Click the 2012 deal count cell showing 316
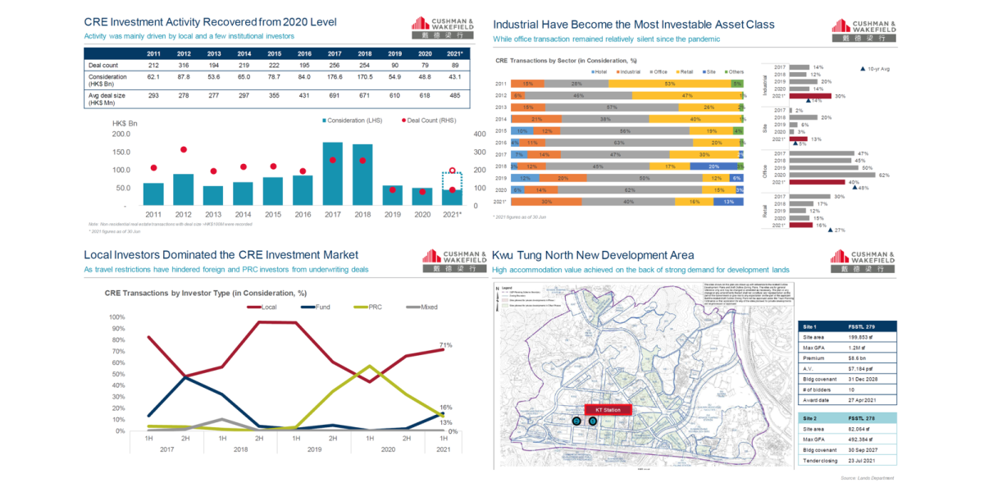click(184, 66)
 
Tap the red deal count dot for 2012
click(184, 149)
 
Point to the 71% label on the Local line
click(447, 345)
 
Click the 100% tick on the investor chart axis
click(116, 317)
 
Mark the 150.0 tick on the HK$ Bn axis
click(120, 152)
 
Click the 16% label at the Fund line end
click(447, 408)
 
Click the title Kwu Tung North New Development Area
click(593, 255)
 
